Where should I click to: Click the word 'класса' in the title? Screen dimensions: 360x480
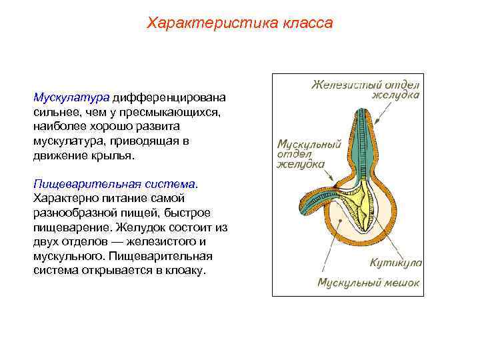(x=307, y=23)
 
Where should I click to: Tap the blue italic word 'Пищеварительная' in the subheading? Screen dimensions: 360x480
(x=75, y=183)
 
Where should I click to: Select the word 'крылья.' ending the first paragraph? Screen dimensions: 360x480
(x=114, y=155)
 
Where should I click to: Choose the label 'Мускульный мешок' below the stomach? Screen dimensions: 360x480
(x=368, y=283)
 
